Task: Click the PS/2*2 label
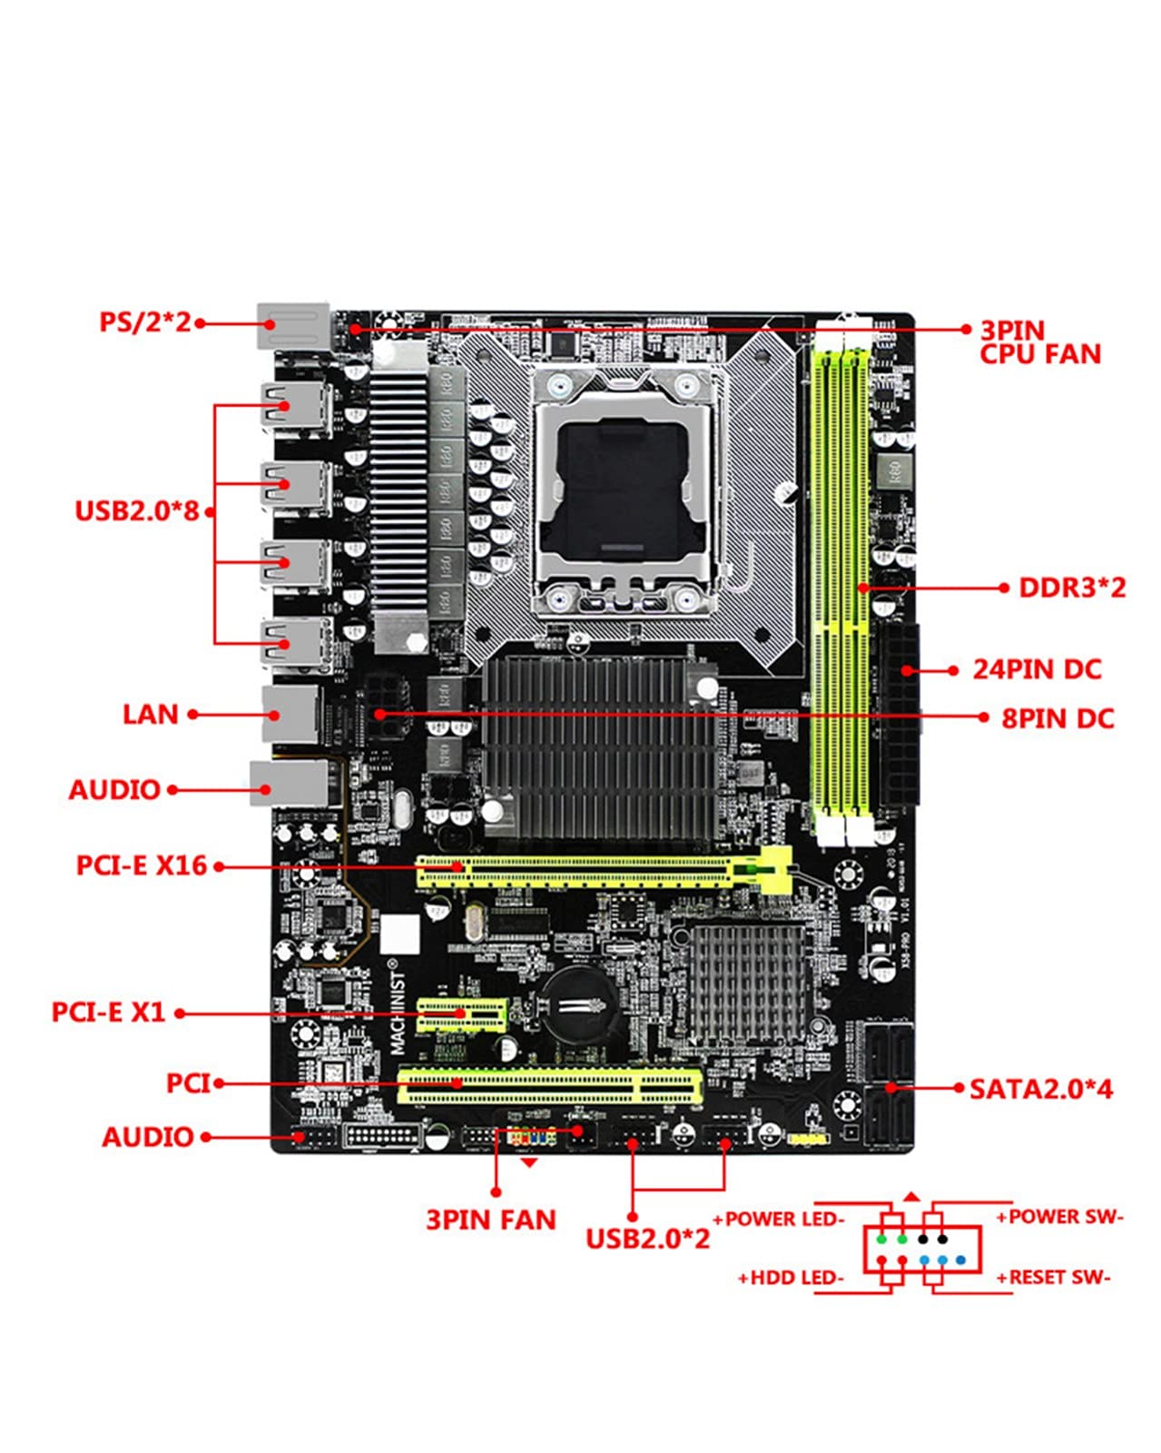[x=145, y=322]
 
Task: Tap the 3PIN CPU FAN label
[x=1039, y=342]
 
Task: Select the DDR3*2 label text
[x=1071, y=588]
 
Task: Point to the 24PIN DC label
[x=1037, y=670]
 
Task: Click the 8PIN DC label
[x=1058, y=718]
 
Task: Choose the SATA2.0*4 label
[x=1040, y=1088]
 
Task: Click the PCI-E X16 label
[x=142, y=865]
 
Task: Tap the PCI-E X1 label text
[x=109, y=1012]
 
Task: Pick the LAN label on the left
[x=151, y=715]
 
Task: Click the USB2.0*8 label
[x=136, y=510]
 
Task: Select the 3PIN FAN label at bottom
[x=491, y=1220]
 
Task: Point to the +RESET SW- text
[x=1053, y=1278]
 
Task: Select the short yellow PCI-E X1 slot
[x=461, y=1014]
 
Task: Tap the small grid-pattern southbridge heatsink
[x=746, y=983]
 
